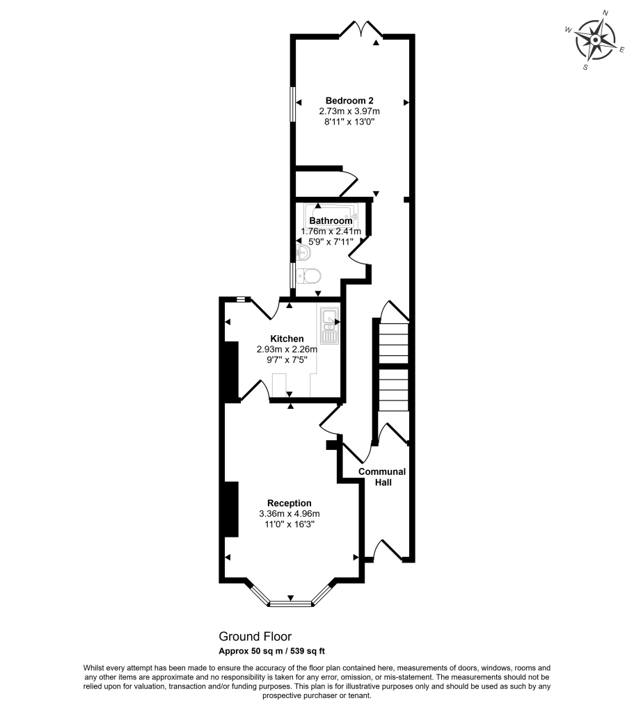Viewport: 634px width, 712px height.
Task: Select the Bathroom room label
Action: tap(331, 221)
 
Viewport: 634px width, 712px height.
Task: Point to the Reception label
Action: tap(289, 503)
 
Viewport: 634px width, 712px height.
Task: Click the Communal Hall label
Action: tap(382, 476)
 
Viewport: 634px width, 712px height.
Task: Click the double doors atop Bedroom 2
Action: tap(361, 29)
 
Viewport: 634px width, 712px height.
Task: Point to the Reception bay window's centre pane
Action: tap(290, 604)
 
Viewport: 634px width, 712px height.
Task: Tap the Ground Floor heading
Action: tap(255, 636)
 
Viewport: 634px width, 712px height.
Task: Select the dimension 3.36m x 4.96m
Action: tap(289, 514)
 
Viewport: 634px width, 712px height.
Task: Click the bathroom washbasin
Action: tap(302, 251)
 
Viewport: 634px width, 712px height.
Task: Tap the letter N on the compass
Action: tap(605, 13)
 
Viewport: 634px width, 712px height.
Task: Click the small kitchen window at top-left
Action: tap(240, 299)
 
